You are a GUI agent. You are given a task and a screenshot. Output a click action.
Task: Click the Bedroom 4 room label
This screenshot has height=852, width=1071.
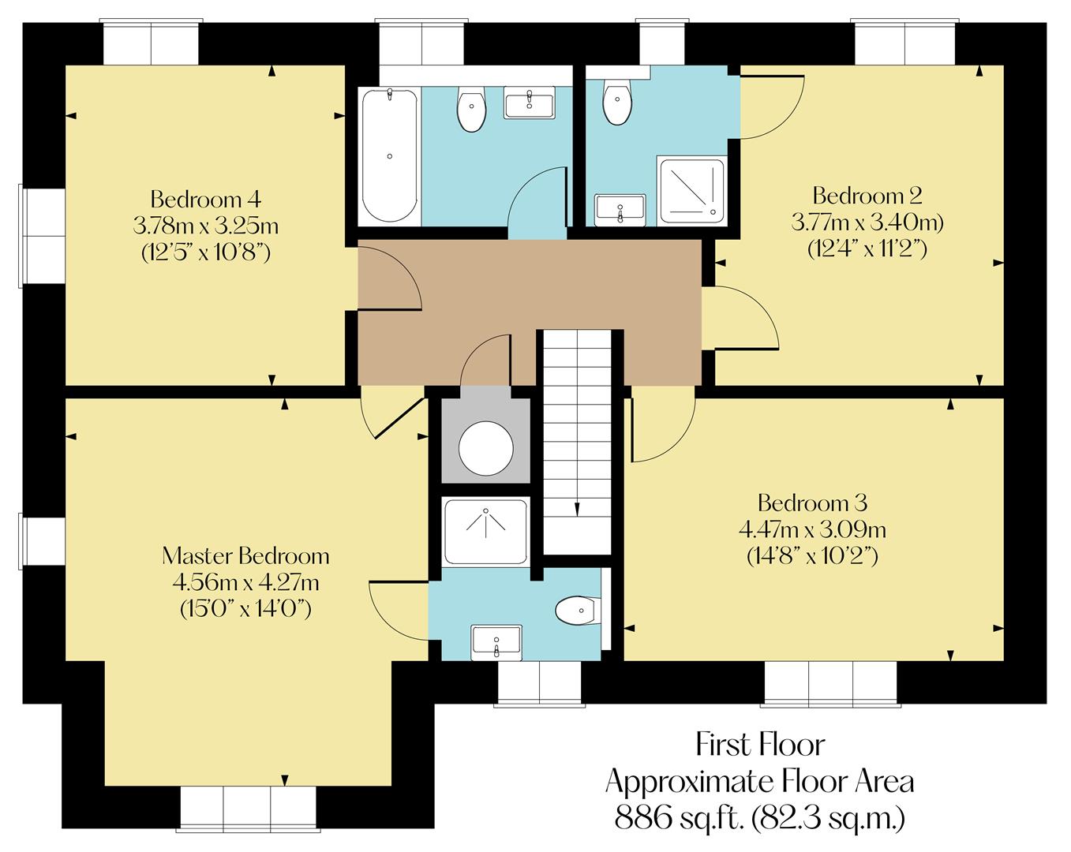point(205,197)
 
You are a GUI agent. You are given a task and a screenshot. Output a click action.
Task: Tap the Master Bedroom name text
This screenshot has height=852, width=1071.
point(245,555)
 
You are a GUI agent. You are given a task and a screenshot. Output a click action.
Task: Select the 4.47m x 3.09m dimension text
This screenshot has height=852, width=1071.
point(812,529)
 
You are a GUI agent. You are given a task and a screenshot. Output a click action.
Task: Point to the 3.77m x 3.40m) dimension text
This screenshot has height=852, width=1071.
point(867,222)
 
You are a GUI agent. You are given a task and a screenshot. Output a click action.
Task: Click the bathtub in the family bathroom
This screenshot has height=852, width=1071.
point(389,156)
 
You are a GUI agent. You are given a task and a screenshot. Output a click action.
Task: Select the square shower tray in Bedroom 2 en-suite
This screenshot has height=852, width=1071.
point(692,190)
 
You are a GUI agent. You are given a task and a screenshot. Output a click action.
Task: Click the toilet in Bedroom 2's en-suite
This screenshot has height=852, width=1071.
point(616,102)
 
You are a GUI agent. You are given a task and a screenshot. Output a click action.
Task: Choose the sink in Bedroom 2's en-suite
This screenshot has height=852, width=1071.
point(620,210)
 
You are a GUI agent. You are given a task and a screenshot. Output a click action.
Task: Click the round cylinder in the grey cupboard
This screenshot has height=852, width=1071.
point(486,448)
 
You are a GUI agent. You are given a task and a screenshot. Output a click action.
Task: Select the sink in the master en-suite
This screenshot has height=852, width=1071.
point(496,641)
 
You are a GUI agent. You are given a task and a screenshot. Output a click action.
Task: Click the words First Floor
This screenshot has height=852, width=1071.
point(760,744)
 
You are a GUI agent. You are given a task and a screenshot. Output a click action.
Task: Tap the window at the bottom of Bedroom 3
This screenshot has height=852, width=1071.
point(830,682)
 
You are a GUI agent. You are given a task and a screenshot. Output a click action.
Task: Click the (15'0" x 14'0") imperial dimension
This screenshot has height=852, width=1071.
point(245,608)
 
